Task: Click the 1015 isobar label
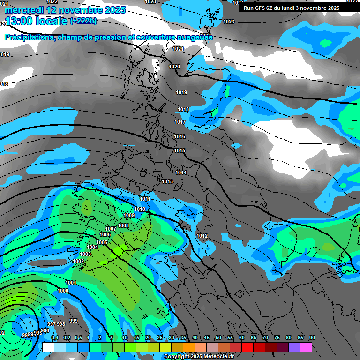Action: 180,150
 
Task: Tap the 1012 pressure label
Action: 202,236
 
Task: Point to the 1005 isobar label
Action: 102,242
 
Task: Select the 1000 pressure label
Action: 63,291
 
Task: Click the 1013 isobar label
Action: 167,181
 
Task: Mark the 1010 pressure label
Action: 140,209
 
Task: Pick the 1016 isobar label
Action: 180,136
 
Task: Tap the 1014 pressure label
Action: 181,172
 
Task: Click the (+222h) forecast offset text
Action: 83,21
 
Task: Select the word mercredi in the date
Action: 23,9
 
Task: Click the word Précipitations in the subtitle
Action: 29,37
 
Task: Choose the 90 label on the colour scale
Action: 312,337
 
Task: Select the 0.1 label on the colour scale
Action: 55,337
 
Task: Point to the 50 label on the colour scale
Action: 218,337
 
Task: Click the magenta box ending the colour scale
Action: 306,347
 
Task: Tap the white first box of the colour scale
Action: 48,347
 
